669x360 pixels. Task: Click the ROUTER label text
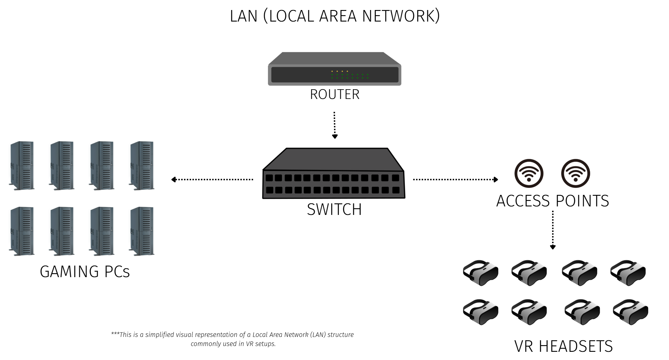click(x=334, y=94)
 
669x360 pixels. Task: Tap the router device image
click(x=334, y=69)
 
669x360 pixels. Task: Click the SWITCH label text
click(x=334, y=209)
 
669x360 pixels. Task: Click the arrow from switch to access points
click(x=455, y=179)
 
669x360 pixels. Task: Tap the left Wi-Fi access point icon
click(x=529, y=173)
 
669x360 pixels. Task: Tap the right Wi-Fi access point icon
click(x=576, y=173)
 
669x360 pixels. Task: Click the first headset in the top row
click(x=481, y=273)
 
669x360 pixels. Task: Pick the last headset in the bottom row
click(x=630, y=312)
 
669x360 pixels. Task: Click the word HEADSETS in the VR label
click(x=576, y=346)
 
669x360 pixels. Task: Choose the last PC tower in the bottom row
click(x=142, y=231)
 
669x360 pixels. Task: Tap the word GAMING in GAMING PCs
click(x=69, y=272)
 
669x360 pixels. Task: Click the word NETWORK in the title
click(x=401, y=16)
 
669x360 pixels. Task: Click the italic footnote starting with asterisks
click(x=233, y=339)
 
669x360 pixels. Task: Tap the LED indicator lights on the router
click(x=350, y=75)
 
